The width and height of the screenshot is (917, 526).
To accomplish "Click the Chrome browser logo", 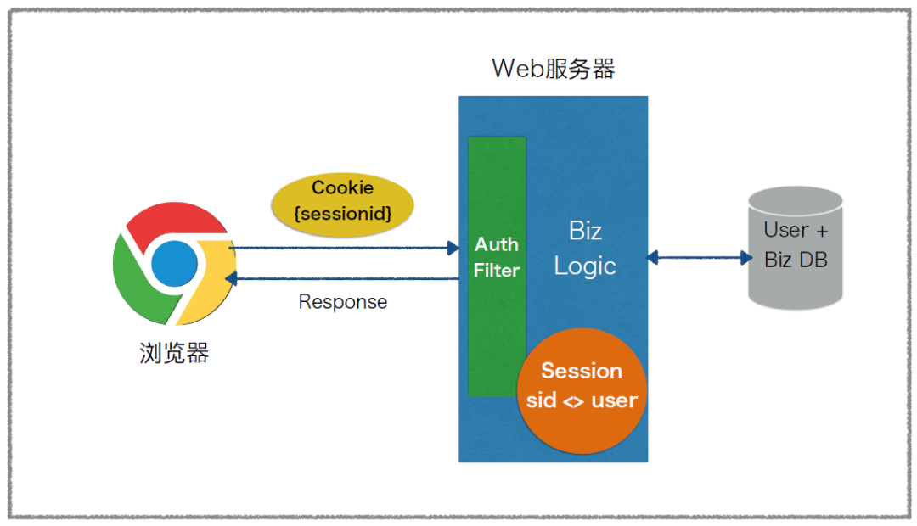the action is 174,264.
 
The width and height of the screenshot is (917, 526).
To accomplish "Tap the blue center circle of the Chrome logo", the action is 174,264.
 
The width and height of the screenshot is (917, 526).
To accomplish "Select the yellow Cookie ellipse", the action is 343,204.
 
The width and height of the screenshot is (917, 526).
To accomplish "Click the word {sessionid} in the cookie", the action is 343,213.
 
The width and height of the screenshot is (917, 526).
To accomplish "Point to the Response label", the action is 343,301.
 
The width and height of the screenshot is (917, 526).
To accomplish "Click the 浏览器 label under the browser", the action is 174,353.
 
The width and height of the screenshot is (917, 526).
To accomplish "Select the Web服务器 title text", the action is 554,69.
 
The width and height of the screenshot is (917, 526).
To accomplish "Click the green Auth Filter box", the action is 497,267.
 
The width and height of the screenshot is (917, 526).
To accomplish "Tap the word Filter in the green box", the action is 497,270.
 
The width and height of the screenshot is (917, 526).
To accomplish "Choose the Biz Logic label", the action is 585,249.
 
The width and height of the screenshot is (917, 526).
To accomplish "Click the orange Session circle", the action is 582,390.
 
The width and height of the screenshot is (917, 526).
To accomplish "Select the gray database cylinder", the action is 796,248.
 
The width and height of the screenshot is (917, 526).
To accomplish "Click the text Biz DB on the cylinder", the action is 796,260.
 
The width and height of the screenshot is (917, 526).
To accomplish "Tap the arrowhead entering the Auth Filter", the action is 453,248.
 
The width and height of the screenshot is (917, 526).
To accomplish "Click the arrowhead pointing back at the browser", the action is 231,278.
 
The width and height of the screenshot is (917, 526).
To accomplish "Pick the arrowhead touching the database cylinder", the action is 746,257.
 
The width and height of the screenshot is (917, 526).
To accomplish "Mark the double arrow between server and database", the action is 700,257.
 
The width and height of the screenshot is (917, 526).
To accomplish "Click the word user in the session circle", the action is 614,401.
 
